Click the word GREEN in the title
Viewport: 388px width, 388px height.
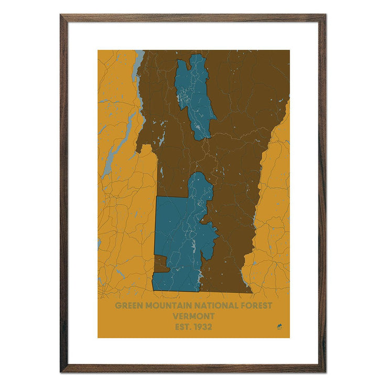pos(128,305)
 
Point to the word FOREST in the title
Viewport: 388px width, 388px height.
pos(256,305)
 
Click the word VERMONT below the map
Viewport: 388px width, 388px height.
pos(193,316)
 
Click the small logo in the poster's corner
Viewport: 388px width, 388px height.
pos(279,328)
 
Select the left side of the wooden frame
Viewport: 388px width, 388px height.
pos(63,193)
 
